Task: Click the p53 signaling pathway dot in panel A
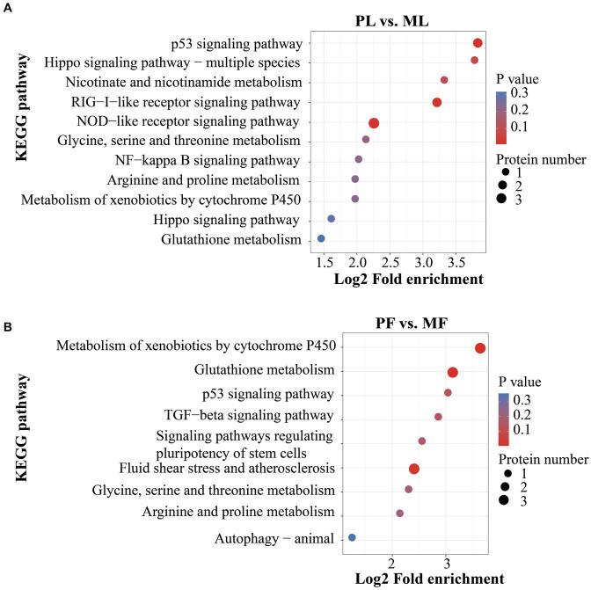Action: (x=478, y=43)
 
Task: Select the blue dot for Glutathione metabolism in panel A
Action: (x=321, y=238)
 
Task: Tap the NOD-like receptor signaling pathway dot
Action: (x=374, y=124)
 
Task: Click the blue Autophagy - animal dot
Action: (x=352, y=537)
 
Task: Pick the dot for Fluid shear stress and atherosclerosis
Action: (x=414, y=469)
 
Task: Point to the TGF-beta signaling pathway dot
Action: (x=438, y=417)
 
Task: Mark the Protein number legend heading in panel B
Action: (x=542, y=459)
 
